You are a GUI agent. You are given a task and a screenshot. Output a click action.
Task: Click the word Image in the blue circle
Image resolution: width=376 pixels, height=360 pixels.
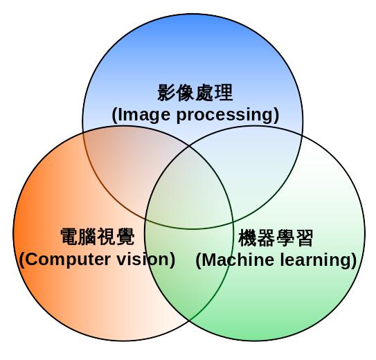[x=144, y=116]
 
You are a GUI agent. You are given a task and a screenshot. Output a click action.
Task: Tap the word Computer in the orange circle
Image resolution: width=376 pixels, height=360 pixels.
[x=69, y=260]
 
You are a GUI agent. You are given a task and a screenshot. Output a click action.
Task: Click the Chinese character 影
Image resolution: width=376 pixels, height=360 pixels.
[x=166, y=93]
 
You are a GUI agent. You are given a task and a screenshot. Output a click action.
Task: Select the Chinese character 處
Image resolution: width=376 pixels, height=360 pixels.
[x=204, y=93]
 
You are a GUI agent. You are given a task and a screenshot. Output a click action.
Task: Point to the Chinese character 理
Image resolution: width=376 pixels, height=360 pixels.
[x=224, y=93]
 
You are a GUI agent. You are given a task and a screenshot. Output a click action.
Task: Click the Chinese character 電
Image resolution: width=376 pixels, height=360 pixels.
[x=69, y=237]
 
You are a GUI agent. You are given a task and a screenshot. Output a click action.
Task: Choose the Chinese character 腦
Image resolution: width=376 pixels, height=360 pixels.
[x=88, y=237]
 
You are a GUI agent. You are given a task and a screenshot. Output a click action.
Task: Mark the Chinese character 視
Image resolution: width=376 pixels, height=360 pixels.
[x=107, y=237]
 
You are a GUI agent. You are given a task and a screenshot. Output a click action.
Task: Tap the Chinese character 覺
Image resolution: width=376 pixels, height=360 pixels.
[x=125, y=237]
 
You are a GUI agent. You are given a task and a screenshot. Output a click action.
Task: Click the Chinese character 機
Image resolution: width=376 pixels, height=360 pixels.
[x=248, y=237]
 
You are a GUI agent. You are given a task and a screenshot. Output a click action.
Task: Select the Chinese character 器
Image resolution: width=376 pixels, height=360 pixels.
[x=267, y=237]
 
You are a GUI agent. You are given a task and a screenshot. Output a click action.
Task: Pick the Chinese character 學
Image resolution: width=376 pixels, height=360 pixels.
[x=285, y=237]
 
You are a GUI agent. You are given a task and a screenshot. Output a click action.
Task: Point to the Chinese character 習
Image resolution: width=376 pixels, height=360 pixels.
[x=304, y=237]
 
